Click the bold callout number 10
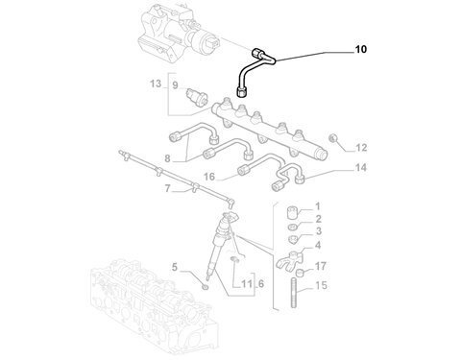[x=360, y=50]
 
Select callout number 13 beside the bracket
[x=156, y=84]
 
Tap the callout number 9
[x=175, y=85]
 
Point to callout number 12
[x=361, y=148]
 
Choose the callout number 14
[x=361, y=167]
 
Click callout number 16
[x=209, y=177]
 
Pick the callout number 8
[x=168, y=158]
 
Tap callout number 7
[x=168, y=189]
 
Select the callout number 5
[x=175, y=267]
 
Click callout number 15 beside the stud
[x=322, y=285]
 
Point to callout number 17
[x=321, y=266]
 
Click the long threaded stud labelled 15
[x=294, y=293]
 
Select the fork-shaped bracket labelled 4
[x=288, y=259]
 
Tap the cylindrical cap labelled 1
[x=292, y=212]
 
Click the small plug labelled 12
[x=334, y=138]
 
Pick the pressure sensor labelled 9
[x=197, y=97]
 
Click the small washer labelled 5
[x=206, y=286]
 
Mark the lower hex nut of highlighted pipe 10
[x=242, y=91]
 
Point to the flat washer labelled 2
[x=292, y=227]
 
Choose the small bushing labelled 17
[x=300, y=273]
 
